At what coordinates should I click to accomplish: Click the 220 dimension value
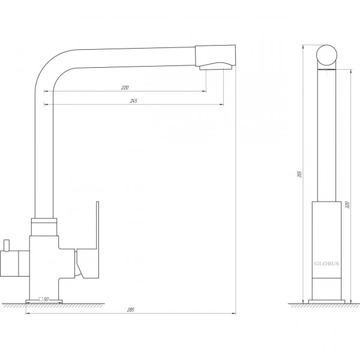[125, 88]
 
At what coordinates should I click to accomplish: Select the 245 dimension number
[133, 101]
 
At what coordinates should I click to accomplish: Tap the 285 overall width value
[131, 310]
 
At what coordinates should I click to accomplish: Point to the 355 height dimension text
[299, 174]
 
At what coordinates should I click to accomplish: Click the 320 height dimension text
[347, 205]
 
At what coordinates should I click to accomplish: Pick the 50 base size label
[46, 299]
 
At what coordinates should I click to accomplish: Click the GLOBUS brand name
[326, 263]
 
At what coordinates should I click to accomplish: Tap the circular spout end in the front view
[326, 55]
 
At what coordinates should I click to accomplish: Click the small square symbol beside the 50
[41, 299]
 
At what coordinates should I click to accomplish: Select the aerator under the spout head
[215, 66]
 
